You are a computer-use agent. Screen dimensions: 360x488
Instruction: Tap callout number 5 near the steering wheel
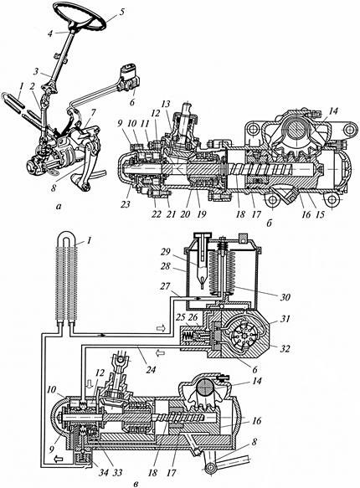121,13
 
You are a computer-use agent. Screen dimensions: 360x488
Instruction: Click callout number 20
186,214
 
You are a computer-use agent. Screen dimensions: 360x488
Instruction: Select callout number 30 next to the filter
284,297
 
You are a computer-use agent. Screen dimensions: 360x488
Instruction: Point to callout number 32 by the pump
284,348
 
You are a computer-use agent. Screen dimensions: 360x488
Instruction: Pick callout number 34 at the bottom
103,473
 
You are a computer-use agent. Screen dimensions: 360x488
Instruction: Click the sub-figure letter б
270,223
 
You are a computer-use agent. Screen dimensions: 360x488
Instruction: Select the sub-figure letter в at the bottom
136,484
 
